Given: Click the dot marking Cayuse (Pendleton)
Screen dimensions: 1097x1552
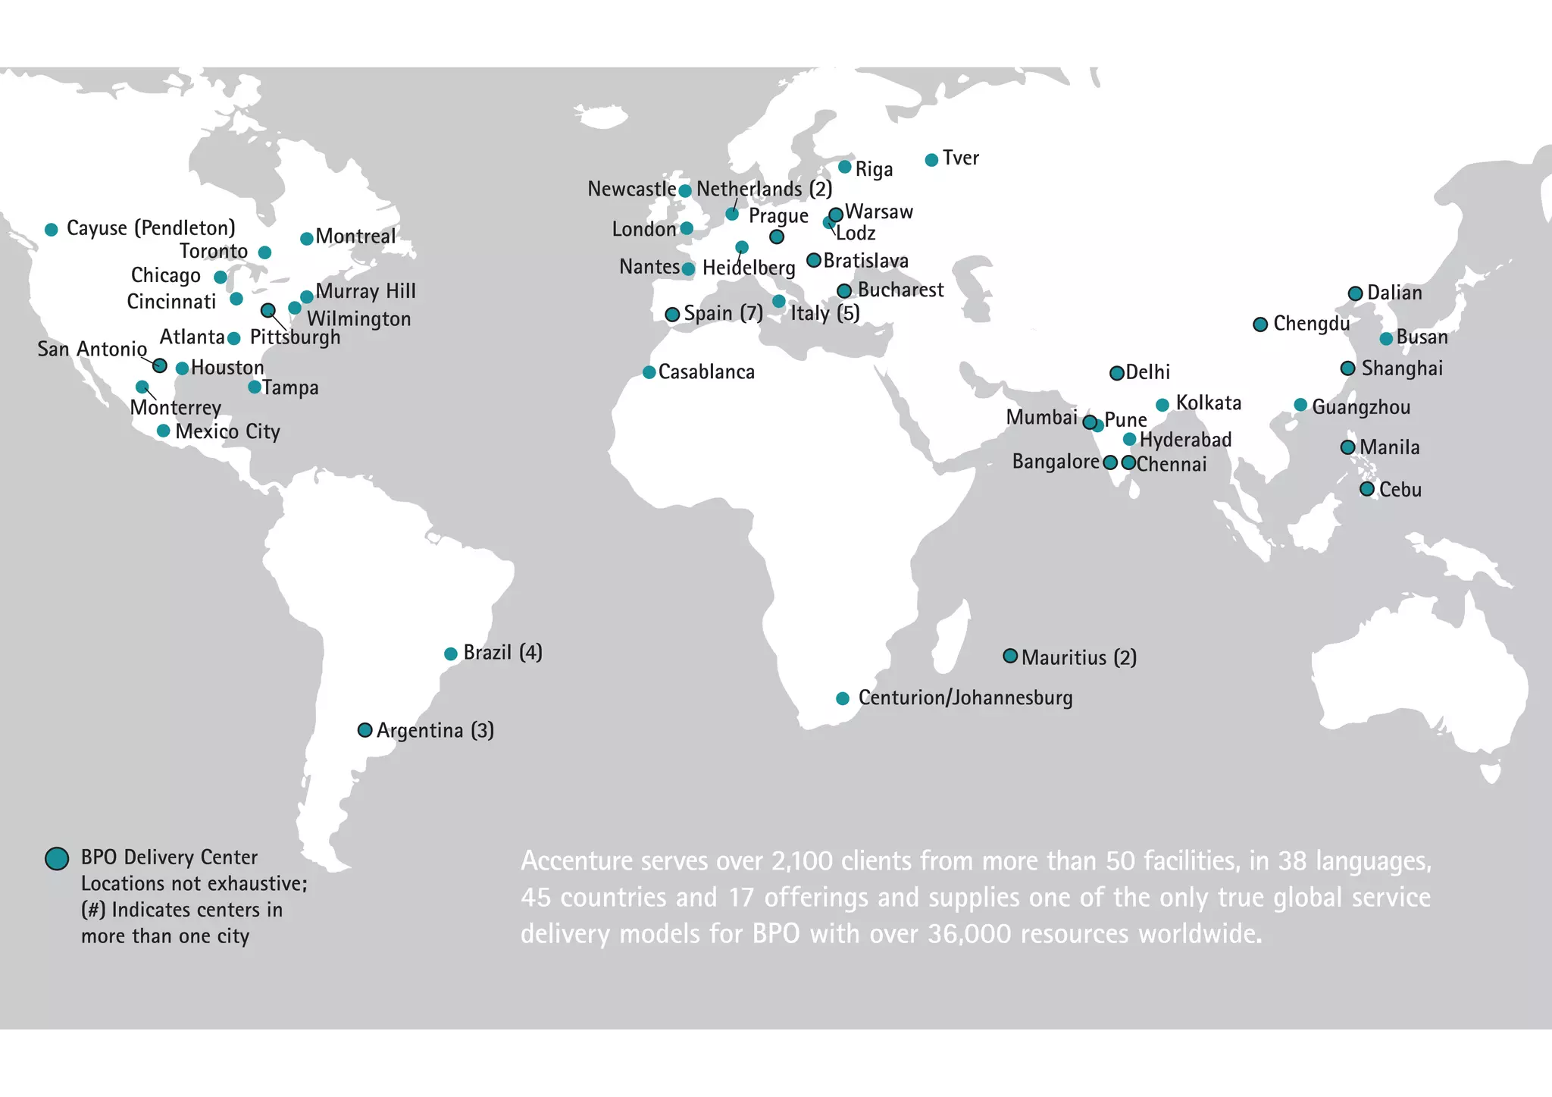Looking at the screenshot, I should pos(52,229).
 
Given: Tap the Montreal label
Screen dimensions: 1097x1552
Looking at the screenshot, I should pos(355,237).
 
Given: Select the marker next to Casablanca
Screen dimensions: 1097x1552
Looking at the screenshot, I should pos(649,372).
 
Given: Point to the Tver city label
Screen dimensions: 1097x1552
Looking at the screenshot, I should pos(960,158).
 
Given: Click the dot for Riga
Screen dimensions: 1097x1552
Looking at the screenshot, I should pos(844,167).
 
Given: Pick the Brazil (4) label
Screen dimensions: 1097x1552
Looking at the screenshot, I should pos(502,653).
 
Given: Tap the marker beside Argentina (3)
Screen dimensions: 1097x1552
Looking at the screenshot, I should pos(365,730).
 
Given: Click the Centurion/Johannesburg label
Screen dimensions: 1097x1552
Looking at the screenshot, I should pos(965,697).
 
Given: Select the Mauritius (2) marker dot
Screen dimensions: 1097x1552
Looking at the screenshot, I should pos(1010,656).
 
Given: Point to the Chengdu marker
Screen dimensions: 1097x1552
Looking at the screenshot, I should pos(1260,324).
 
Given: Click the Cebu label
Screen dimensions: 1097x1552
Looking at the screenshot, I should pos(1400,490).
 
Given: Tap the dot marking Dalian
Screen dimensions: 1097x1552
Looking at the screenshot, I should pos(1356,294).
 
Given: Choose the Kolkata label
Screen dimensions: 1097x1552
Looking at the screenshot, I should pos(1208,403).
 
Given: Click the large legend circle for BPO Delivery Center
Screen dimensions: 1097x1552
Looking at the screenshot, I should pos(57,858).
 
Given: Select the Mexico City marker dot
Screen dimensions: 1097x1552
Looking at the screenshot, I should pos(163,431).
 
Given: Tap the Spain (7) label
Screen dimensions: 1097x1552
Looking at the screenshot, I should pos(723,313).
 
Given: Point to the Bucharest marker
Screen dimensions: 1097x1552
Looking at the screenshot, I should pos(844,291).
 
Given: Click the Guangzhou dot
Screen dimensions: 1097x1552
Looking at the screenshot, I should pos(1300,405).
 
